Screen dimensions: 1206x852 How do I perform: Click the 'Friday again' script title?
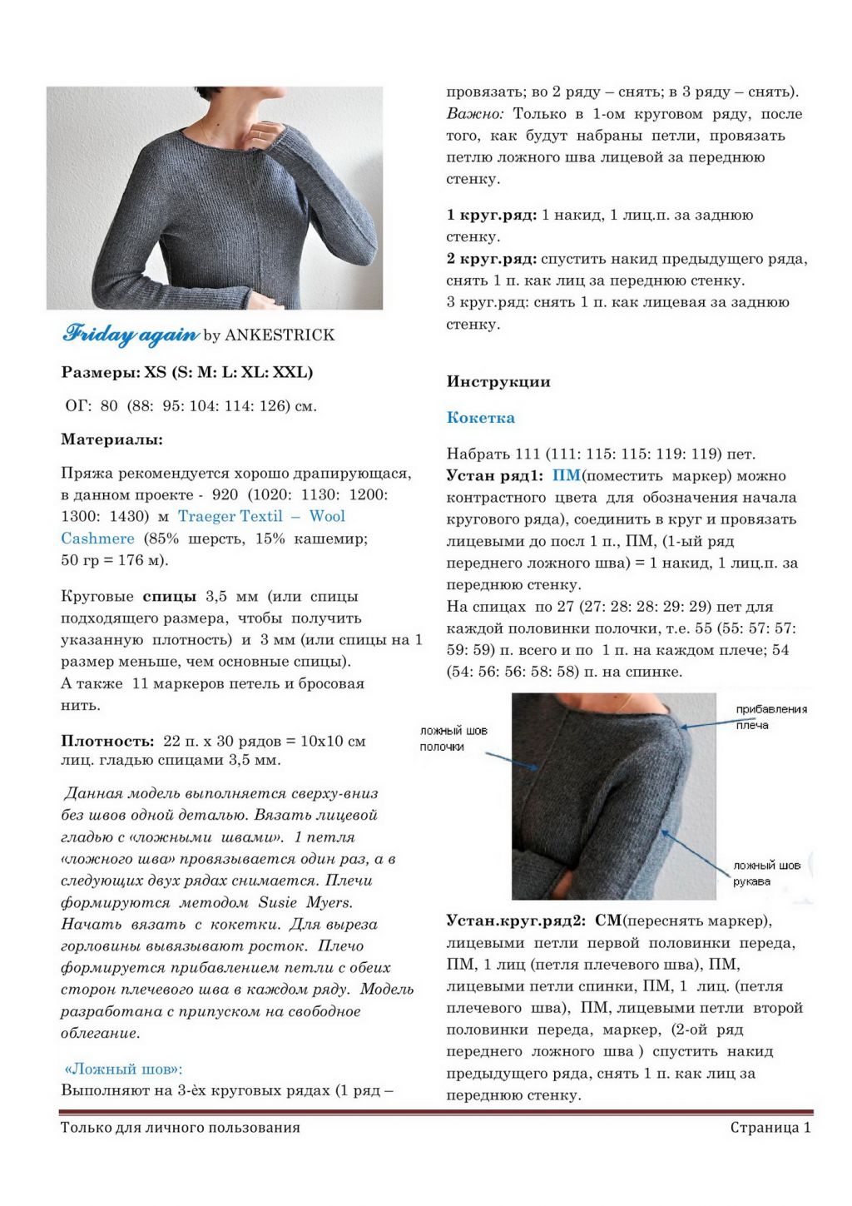click(131, 334)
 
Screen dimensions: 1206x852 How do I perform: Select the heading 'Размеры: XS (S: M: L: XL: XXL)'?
click(187, 372)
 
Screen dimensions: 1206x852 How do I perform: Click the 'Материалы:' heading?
click(111, 439)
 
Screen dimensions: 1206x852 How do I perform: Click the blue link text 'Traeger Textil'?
click(230, 516)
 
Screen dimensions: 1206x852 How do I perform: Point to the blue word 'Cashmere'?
click(97, 538)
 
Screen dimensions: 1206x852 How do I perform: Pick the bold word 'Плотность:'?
click(107, 741)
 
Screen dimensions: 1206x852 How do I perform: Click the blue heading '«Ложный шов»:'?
click(123, 1069)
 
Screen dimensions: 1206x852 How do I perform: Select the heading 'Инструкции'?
click(498, 382)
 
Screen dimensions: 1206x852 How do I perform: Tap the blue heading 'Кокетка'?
click(480, 418)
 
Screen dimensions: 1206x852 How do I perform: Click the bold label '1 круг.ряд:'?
click(491, 215)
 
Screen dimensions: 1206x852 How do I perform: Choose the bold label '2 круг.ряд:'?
click(491, 259)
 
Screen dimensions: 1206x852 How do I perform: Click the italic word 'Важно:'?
click(474, 114)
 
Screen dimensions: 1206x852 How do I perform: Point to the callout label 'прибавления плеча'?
click(770, 717)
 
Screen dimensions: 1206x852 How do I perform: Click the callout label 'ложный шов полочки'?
click(453, 738)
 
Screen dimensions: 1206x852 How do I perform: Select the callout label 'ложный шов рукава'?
click(765, 873)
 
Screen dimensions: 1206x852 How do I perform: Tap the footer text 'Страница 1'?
click(770, 1128)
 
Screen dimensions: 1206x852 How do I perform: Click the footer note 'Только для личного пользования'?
click(180, 1128)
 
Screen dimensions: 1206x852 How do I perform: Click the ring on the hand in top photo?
click(259, 133)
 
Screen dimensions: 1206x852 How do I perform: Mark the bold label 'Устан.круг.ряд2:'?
click(516, 921)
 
